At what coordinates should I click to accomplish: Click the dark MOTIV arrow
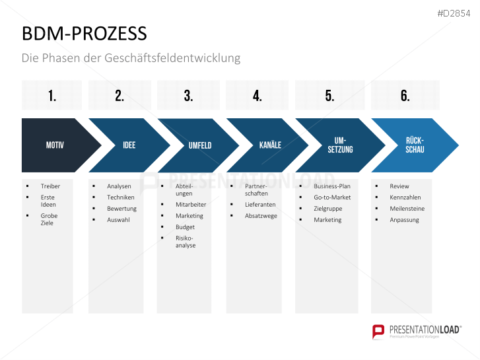pyautogui.click(x=55, y=145)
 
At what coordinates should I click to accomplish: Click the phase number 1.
pyautogui.click(x=52, y=96)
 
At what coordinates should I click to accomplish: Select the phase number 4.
pyautogui.click(x=257, y=96)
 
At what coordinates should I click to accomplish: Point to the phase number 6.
pyautogui.click(x=405, y=96)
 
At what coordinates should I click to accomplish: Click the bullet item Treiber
pyautogui.click(x=50, y=186)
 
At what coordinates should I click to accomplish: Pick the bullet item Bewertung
pyautogui.click(x=121, y=209)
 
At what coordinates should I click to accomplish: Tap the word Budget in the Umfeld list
pyautogui.click(x=185, y=227)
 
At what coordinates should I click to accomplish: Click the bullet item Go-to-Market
pyautogui.click(x=332, y=198)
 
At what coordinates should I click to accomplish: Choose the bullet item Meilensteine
pyautogui.click(x=407, y=209)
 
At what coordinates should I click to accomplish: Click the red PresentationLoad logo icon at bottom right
pyautogui.click(x=378, y=330)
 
